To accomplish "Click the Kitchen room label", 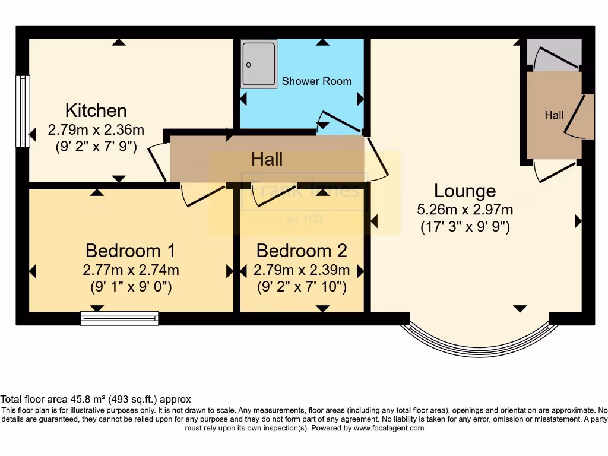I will pyautogui.click(x=96, y=110).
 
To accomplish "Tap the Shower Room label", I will pyautogui.click(x=316, y=81).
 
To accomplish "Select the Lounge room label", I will pyautogui.click(x=465, y=191).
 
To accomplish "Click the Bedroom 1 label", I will pyautogui.click(x=130, y=250).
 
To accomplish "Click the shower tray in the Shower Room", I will pyautogui.click(x=259, y=64).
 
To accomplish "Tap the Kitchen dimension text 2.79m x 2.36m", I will pyautogui.click(x=96, y=129).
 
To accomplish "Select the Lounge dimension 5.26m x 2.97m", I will pyautogui.click(x=465, y=209).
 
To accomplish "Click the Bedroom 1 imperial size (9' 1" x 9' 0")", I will pyautogui.click(x=131, y=287).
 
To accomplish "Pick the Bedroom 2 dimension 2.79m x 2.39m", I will pyautogui.click(x=302, y=270).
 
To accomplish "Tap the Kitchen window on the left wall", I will pyautogui.click(x=23, y=111).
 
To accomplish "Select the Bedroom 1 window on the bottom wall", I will pyautogui.click(x=119, y=319).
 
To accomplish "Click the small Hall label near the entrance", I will pyautogui.click(x=554, y=115).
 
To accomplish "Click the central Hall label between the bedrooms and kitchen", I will pyautogui.click(x=267, y=159).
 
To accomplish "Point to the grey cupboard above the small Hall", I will pyautogui.click(x=555, y=55).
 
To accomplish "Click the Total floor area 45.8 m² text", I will pyautogui.click(x=96, y=400).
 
